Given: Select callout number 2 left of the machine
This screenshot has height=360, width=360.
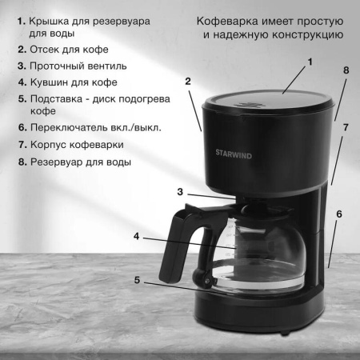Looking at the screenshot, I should [x=187, y=82].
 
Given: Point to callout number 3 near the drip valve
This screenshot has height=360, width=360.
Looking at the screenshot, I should [x=181, y=192].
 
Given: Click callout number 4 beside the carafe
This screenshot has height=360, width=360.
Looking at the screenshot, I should [x=137, y=237].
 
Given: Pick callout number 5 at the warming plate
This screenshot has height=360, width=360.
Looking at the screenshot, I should [x=137, y=281].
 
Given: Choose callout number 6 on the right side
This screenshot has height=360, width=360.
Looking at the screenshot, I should [x=339, y=214].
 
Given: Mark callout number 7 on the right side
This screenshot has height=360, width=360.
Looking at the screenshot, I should [x=346, y=127].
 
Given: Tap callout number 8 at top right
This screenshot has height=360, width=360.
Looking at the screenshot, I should [x=346, y=70].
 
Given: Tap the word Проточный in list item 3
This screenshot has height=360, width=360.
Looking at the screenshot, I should [x=59, y=66].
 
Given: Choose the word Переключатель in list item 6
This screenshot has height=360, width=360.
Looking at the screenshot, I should [x=71, y=127].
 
